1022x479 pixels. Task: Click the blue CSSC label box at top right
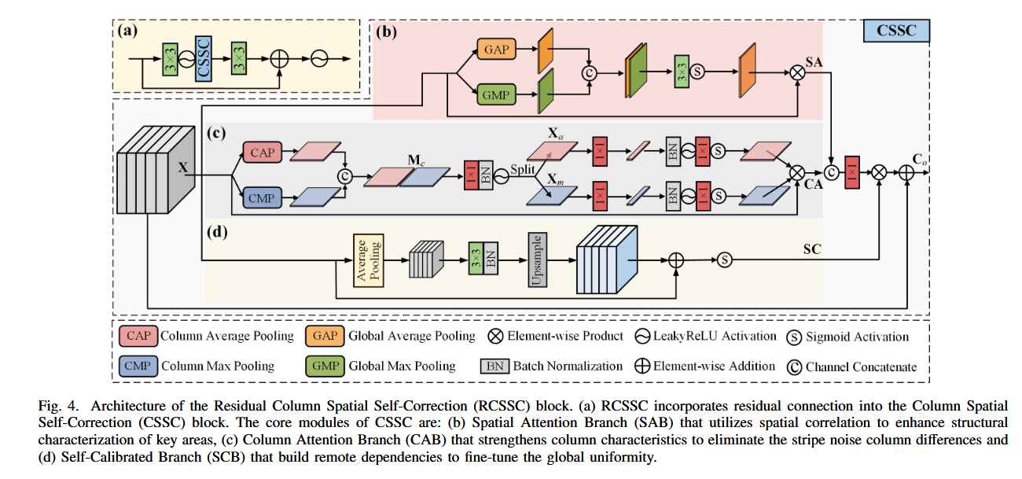click(896, 31)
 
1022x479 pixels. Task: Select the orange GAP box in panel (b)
click(496, 49)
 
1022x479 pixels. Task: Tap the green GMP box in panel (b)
click(496, 94)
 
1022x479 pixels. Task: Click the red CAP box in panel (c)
click(263, 152)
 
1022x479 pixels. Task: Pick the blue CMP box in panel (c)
click(263, 197)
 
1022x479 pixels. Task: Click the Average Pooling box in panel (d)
click(368, 260)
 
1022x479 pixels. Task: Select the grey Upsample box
click(538, 260)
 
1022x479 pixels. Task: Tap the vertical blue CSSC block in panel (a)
click(204, 59)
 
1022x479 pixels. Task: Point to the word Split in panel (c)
click(523, 169)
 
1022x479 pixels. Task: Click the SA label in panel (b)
click(814, 62)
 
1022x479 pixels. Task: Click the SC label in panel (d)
click(812, 249)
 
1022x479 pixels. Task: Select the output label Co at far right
click(919, 160)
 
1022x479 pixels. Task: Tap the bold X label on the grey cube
click(183, 167)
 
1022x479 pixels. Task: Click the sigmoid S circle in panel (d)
click(725, 260)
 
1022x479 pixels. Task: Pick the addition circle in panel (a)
click(279, 59)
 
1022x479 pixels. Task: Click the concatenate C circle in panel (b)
click(589, 73)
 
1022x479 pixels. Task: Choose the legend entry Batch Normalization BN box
click(494, 367)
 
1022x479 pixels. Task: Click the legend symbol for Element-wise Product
click(495, 336)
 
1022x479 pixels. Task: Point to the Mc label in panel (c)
click(416, 160)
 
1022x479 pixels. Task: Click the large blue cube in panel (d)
click(607, 260)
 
